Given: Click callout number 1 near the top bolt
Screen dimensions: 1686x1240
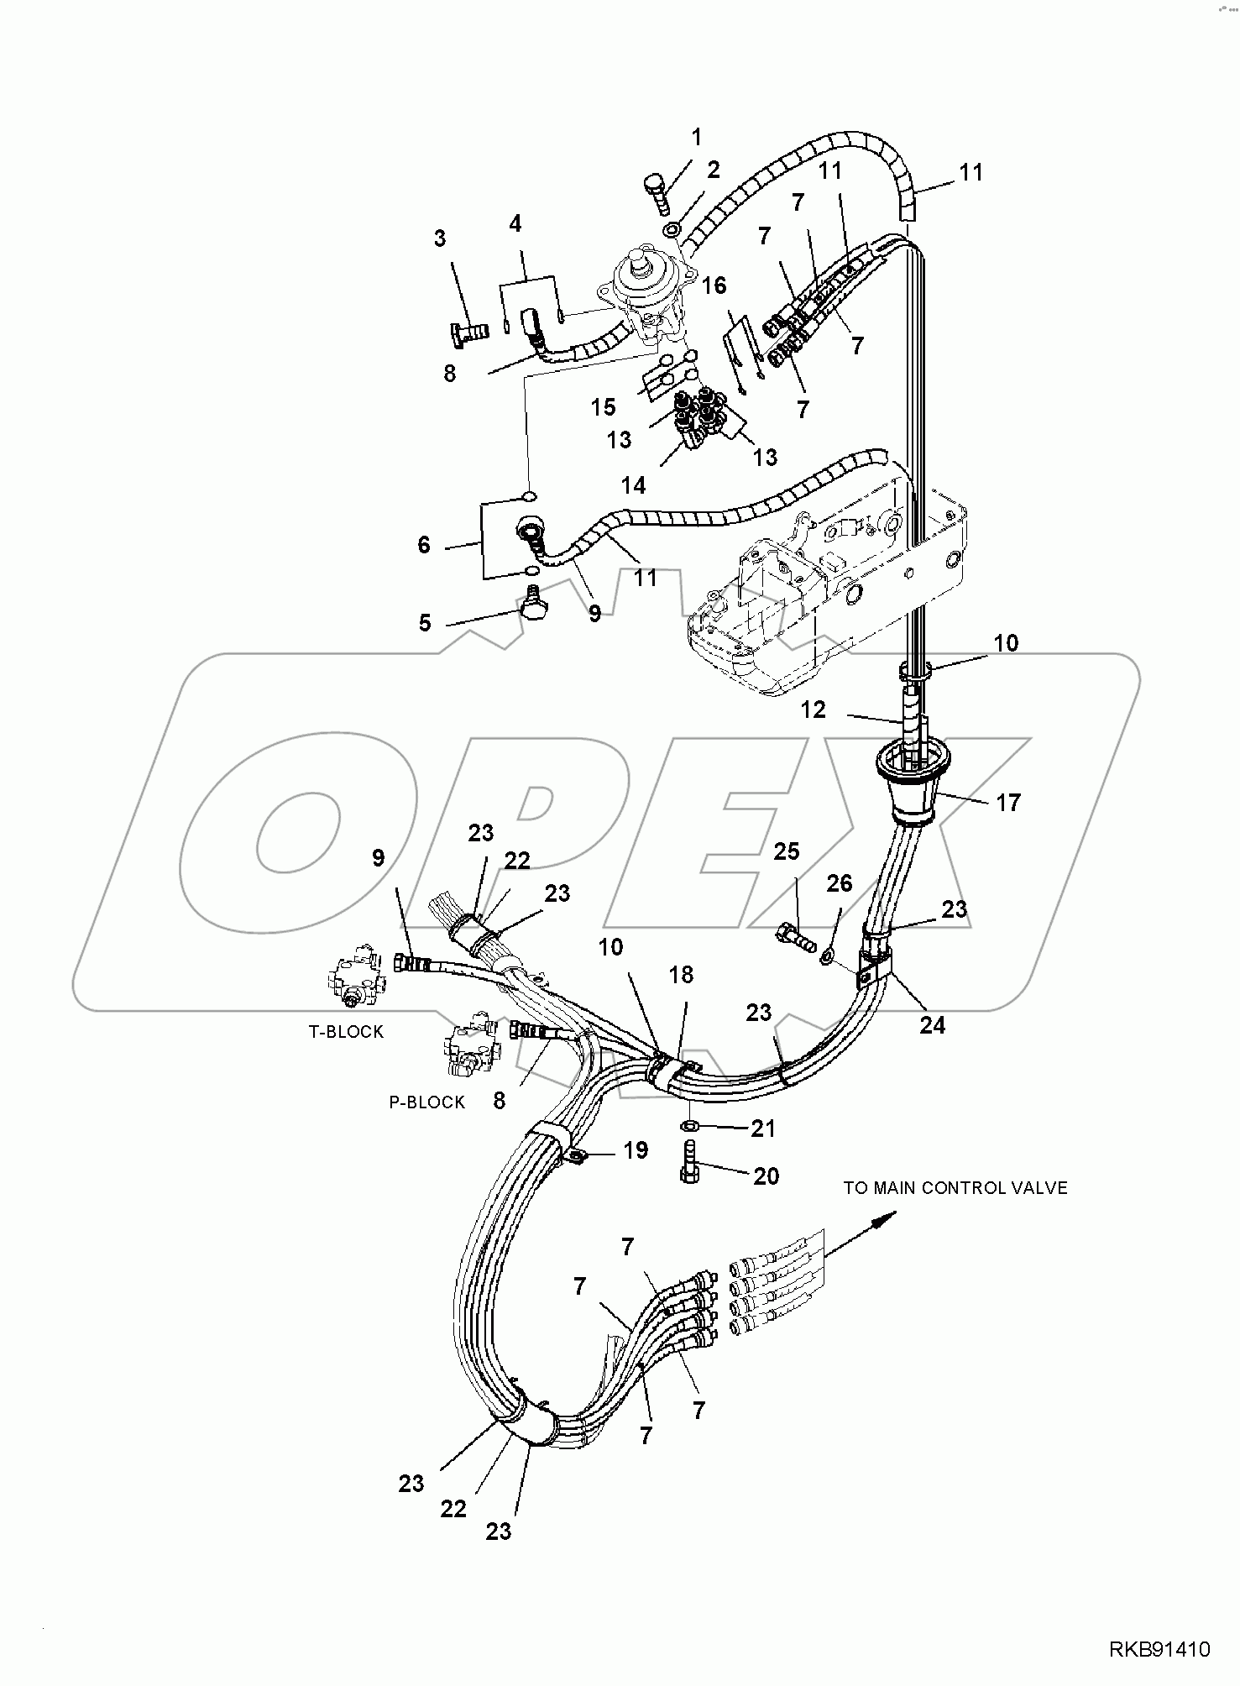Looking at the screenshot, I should (x=696, y=136).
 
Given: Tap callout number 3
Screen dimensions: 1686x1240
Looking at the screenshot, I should (x=439, y=238).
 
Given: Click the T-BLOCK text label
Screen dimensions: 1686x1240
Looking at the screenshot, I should (x=346, y=1032).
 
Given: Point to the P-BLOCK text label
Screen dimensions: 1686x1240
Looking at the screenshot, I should (x=426, y=1102).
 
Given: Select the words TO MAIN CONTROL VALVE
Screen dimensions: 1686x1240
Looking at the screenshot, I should (x=955, y=1188).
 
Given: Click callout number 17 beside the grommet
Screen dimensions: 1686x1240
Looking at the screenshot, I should (x=1007, y=803).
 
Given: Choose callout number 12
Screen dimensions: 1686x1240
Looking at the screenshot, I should (x=813, y=709).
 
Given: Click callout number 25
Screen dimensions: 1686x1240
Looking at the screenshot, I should (x=786, y=851).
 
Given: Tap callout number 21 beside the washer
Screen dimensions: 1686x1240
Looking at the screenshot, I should (x=762, y=1128).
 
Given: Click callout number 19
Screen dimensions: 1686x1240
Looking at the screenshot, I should (x=636, y=1150).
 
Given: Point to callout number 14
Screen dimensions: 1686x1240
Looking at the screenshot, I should (x=633, y=485).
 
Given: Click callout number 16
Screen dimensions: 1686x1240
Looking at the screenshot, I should (x=714, y=286).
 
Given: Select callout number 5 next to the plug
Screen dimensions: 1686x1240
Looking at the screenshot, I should (x=425, y=622).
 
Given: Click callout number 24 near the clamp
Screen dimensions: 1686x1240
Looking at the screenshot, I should (x=932, y=1024).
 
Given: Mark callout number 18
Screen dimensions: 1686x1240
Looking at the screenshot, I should (x=681, y=974).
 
